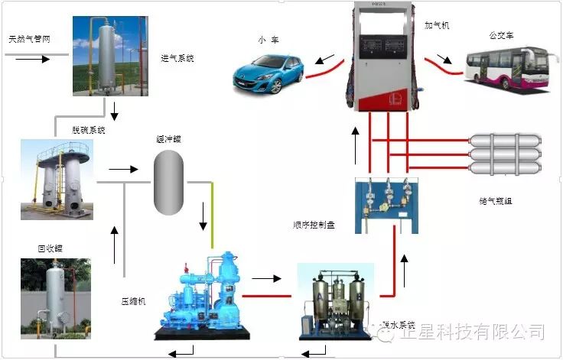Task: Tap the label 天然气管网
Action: tap(29, 38)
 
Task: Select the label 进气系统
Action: tap(177, 57)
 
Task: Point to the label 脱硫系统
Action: tap(88, 130)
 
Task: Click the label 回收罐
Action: tap(50, 248)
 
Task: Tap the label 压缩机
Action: tap(134, 300)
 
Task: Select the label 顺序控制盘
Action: tap(314, 225)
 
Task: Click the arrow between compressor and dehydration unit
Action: tap(266, 278)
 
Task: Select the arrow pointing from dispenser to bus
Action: tap(445, 59)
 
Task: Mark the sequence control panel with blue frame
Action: tap(386, 204)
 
